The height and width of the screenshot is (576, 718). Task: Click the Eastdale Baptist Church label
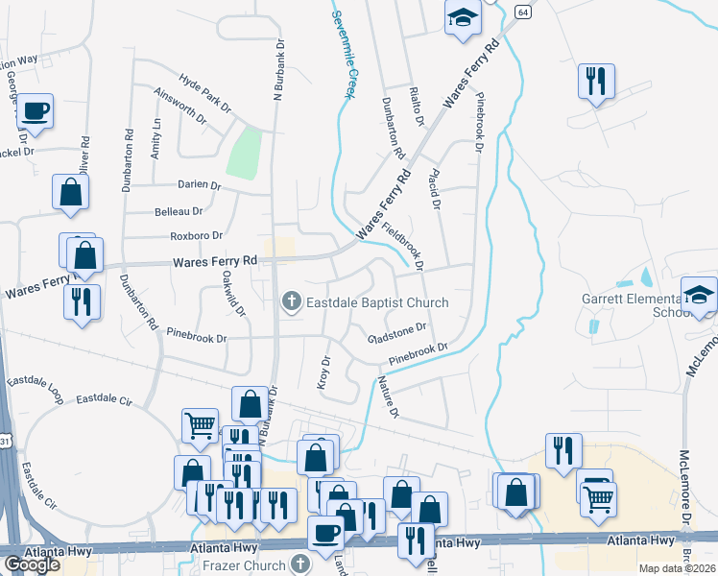377,302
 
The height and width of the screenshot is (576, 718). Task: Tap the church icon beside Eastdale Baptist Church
291,302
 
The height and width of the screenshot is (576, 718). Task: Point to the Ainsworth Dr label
179,107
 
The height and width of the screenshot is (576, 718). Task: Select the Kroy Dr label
324,372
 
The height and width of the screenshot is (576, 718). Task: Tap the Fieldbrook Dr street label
403,246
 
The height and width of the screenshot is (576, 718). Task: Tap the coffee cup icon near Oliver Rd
35,111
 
